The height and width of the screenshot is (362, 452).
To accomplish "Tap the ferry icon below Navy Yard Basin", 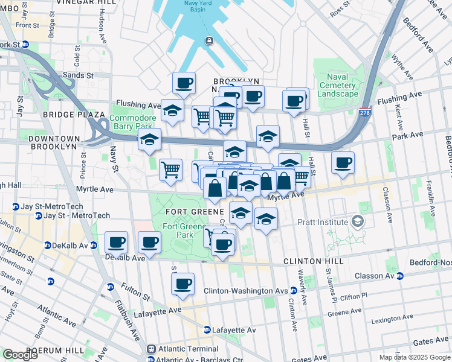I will click(208, 40).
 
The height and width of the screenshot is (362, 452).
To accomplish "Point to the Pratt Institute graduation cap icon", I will click(358, 222).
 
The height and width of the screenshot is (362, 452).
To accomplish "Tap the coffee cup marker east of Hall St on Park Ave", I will click(343, 163).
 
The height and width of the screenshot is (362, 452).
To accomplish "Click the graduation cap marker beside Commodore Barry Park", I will click(149, 140).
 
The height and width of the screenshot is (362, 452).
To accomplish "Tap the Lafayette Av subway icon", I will click(207, 330).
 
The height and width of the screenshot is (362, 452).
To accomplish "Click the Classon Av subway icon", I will click(399, 276).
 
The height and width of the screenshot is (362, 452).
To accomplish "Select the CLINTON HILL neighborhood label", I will click(313, 261).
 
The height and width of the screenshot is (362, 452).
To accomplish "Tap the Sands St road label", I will click(79, 76).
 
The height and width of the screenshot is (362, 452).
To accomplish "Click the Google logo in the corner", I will click(20, 355).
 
